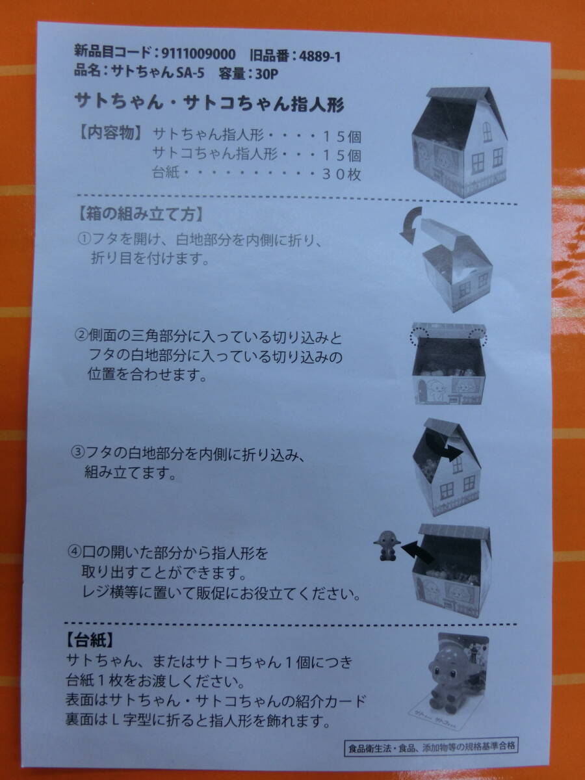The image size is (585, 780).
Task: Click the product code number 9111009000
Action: pyautogui.click(x=199, y=54)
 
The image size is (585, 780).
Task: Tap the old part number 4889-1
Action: pyautogui.click(x=320, y=57)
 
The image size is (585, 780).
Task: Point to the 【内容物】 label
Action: pyautogui.click(x=110, y=133)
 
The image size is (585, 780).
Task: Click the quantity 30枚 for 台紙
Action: pyautogui.click(x=341, y=174)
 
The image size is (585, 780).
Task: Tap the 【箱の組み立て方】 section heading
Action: pyautogui.click(x=140, y=215)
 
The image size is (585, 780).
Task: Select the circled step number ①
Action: pyautogui.click(x=85, y=239)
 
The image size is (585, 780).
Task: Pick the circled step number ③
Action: pyautogui.click(x=78, y=452)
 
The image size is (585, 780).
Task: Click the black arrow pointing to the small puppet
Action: pyautogui.click(x=418, y=552)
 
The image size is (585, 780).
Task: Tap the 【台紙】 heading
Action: pyautogui.click(x=90, y=641)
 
